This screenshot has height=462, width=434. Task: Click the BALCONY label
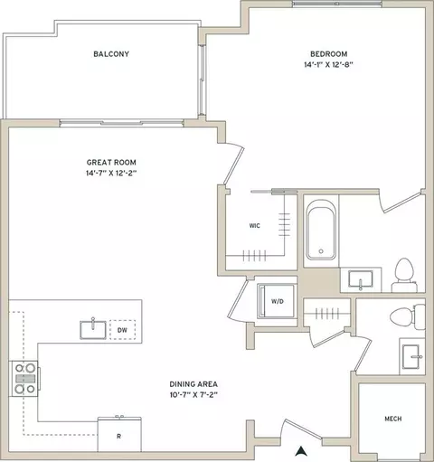point(111,54)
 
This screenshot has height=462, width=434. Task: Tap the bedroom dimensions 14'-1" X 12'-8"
point(328,64)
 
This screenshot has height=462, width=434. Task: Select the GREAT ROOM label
point(111,163)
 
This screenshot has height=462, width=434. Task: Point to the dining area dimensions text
point(193,395)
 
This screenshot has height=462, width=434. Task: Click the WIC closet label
point(255,226)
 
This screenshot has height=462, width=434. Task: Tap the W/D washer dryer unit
point(276,301)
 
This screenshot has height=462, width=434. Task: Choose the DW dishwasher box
point(122,330)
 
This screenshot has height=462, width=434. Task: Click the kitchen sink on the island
point(93,330)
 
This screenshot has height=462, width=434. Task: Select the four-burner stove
point(25,379)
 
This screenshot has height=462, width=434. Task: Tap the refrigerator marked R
point(119,434)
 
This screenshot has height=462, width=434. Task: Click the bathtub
point(321,230)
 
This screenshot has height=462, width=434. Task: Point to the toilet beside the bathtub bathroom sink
point(404,275)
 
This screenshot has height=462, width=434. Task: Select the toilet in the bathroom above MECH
point(407,316)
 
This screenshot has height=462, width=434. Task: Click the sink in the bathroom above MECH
point(411,357)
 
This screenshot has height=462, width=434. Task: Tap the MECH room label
point(393,419)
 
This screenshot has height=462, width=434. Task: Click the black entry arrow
point(300,451)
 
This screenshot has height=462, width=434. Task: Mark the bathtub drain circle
point(321,251)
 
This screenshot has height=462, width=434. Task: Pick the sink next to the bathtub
point(361,279)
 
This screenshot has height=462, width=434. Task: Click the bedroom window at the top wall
point(337,4)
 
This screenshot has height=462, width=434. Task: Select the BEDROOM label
point(329,54)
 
